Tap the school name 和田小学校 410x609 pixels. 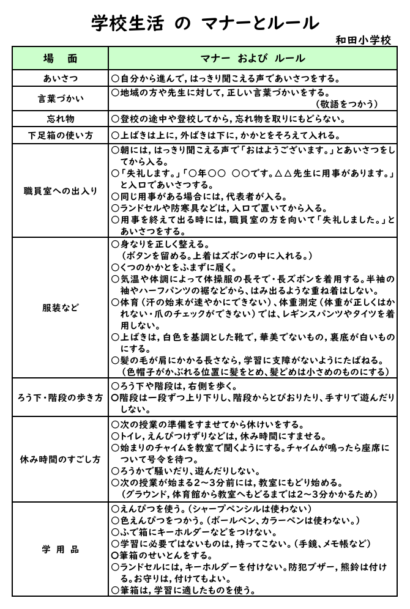[363, 40]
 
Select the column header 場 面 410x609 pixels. [61, 59]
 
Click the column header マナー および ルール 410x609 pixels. [253, 59]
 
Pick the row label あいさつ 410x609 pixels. [61, 78]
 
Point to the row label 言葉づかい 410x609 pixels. [61, 98]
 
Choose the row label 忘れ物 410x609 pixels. [61, 119]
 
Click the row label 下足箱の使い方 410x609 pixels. [61, 135]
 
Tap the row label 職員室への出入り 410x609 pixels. [61, 191]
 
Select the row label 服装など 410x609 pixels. [61, 308]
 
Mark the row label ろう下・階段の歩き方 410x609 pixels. [61, 398]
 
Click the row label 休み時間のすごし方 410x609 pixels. [61, 459]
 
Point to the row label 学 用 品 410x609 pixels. [61, 550]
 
